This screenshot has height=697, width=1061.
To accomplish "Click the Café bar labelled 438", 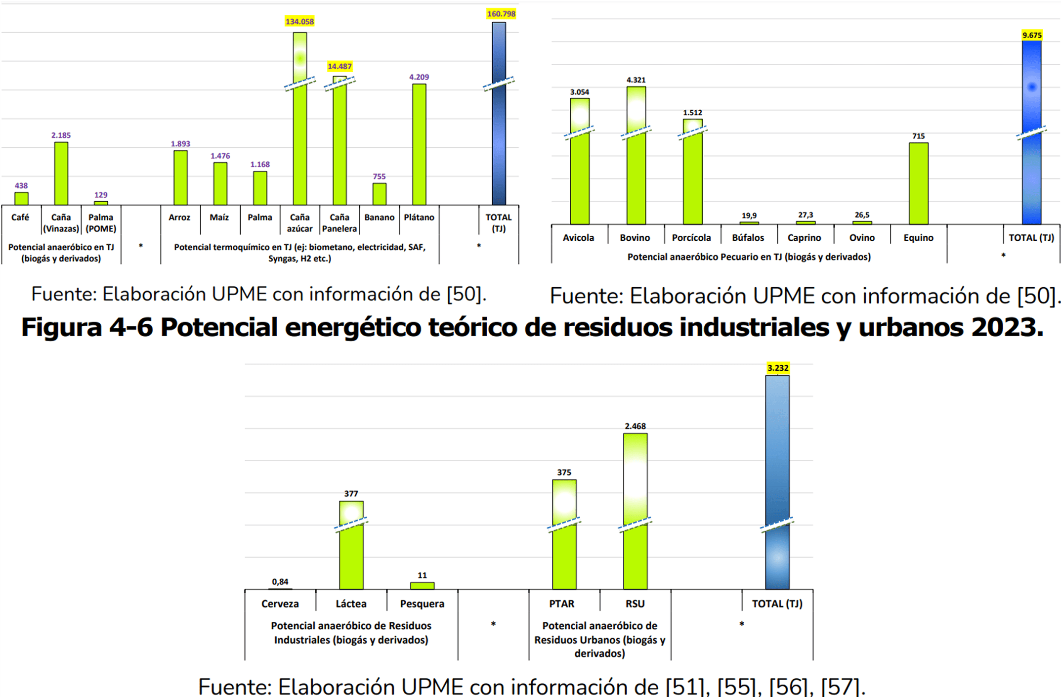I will (21, 199).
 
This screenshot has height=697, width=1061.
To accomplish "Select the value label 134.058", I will (299, 21).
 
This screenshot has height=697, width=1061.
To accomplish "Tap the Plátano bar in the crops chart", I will (419, 144).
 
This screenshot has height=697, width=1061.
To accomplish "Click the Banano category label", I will (379, 218).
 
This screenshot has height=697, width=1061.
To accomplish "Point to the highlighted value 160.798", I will (501, 14).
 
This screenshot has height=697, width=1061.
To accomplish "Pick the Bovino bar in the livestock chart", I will (636, 156).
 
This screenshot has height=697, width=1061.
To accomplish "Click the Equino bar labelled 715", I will (918, 183).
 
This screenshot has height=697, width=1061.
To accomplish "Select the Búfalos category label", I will (748, 238).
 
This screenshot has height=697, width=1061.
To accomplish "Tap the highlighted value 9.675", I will (1032, 35).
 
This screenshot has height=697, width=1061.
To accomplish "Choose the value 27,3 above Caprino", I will (806, 215).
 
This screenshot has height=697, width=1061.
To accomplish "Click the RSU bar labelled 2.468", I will (635, 511).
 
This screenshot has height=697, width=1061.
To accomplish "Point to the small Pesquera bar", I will (422, 586).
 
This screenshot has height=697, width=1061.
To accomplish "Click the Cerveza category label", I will (280, 604).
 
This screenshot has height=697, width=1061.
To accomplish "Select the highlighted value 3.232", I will (777, 368).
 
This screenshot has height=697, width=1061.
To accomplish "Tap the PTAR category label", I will (562, 604).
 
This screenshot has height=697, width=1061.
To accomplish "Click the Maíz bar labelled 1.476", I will (220, 183).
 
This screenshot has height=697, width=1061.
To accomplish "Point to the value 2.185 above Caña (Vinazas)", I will (61, 135).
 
